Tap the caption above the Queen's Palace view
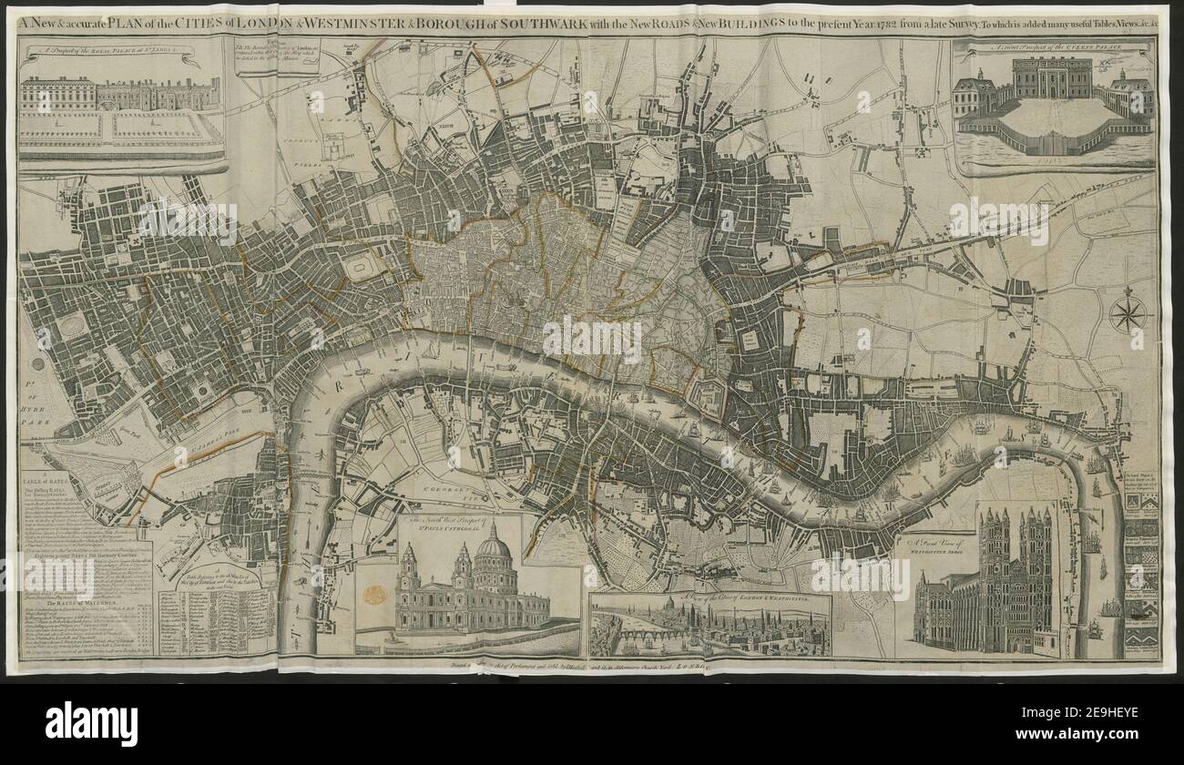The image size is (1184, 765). coord(1054,46)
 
